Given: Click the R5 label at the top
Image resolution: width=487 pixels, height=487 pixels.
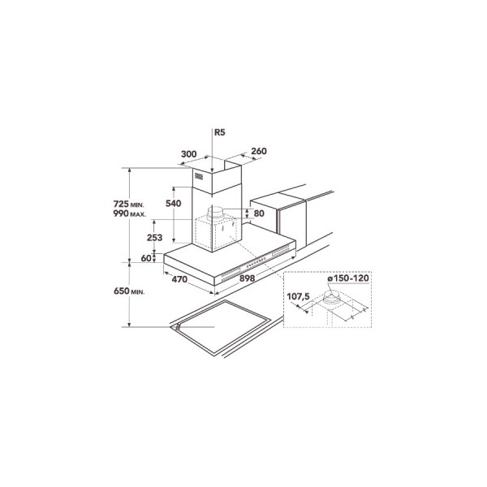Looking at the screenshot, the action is [x=220, y=132].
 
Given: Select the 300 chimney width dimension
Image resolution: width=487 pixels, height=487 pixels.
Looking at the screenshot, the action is [x=189, y=154].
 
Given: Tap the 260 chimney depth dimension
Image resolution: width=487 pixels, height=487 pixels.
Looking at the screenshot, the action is [x=259, y=151].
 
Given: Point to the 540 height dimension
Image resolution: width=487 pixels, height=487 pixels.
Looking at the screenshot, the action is [x=174, y=204].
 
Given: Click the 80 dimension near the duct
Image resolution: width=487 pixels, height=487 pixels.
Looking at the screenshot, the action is [x=259, y=213].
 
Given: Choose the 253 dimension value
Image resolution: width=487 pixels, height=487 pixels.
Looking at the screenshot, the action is [x=155, y=238].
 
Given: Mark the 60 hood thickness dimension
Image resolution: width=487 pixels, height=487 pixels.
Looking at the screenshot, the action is [x=146, y=258].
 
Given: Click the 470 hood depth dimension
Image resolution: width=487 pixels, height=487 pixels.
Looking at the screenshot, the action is [x=179, y=279].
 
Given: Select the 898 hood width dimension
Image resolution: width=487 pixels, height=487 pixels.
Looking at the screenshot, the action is [x=248, y=278].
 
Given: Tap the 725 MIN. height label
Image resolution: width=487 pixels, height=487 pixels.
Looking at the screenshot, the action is [x=129, y=204].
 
